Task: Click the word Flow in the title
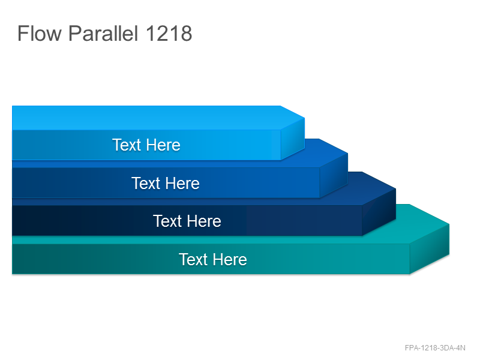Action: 40,33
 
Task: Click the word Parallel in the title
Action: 103,33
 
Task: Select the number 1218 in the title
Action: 169,33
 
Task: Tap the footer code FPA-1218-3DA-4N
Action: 435,348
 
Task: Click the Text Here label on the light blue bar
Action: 146,145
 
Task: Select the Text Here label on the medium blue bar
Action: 166,183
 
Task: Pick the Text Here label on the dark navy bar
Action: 187,221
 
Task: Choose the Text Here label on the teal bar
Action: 213,260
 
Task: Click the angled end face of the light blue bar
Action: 293,139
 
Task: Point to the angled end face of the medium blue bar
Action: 334,175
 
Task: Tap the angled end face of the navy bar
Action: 379,212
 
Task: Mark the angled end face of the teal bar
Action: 430,249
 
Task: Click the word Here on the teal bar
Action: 230,260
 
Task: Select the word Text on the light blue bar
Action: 126,145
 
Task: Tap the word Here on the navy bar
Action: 205,221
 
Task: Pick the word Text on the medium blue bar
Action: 146,183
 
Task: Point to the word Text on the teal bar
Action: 193,260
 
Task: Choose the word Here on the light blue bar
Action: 163,145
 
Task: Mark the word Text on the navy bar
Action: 167,221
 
